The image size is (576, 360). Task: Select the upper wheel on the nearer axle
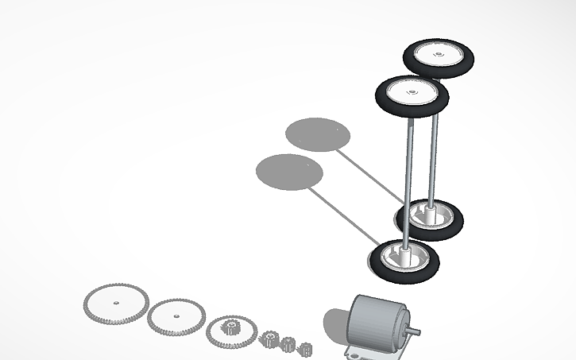[412, 95]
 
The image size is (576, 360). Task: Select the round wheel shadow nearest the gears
[289, 172]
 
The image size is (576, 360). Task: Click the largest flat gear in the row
[117, 304]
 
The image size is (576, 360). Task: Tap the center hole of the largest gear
[116, 304]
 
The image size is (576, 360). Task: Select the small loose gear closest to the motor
[305, 348]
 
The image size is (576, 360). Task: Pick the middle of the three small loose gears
[288, 343]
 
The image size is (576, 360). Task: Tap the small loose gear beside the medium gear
[269, 339]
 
